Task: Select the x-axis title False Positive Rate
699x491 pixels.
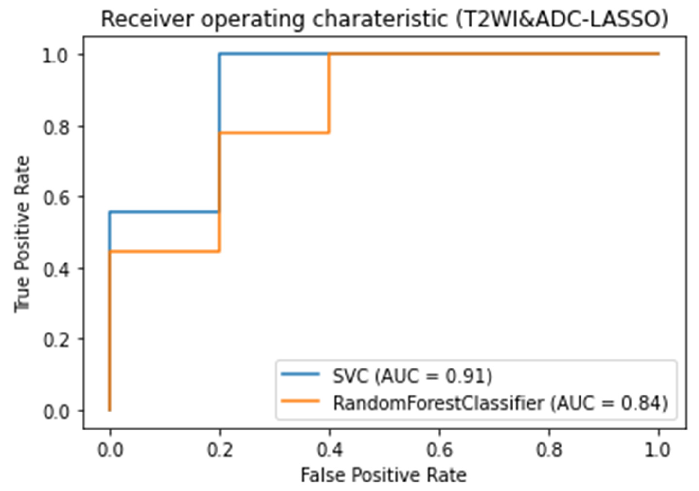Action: tap(384, 475)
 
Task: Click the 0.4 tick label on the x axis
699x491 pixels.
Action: tap(330, 450)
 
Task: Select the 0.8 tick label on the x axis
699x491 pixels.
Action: tap(549, 450)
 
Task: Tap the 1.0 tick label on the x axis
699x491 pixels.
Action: tap(658, 450)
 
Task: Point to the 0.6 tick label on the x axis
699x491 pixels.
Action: tap(439, 450)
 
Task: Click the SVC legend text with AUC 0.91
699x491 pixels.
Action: tap(413, 376)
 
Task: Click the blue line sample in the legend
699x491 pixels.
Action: tap(300, 374)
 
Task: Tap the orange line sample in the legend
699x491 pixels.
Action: tap(300, 401)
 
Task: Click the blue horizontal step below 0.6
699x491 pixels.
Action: tap(164, 212)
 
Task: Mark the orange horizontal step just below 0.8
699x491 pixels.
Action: tap(274, 133)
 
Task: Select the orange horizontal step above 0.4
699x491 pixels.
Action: tap(164, 251)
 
